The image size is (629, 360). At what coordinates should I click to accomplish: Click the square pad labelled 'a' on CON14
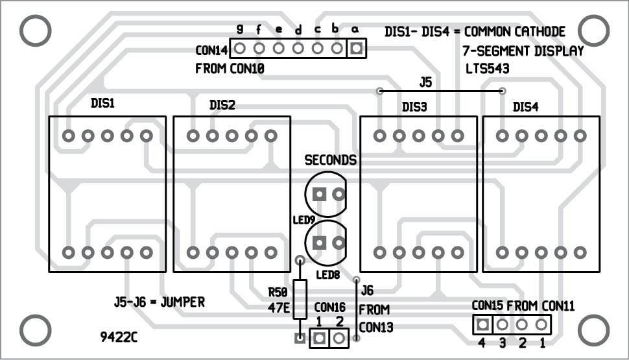(355, 48)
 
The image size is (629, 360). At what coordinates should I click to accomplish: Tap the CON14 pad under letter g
(239, 48)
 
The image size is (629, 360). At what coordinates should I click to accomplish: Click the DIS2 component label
(222, 105)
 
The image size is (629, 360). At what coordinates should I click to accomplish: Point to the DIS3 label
(414, 107)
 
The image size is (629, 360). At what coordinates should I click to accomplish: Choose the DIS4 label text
(525, 107)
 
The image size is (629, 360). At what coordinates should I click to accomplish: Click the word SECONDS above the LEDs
(331, 160)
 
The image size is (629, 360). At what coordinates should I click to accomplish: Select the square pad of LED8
(319, 243)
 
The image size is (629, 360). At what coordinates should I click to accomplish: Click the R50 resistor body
(300, 299)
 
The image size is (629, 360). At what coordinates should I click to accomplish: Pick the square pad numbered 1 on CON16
(319, 338)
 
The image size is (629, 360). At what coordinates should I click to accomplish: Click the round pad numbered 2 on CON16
(338, 338)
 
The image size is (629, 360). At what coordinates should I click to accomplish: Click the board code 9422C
(119, 338)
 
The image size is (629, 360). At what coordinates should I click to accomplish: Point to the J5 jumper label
(425, 82)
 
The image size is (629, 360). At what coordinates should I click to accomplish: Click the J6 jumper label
(367, 290)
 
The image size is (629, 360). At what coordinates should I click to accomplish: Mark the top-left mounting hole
(35, 30)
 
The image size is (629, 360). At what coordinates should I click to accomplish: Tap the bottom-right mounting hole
(593, 330)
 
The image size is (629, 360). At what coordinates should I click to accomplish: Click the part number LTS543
(488, 67)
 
